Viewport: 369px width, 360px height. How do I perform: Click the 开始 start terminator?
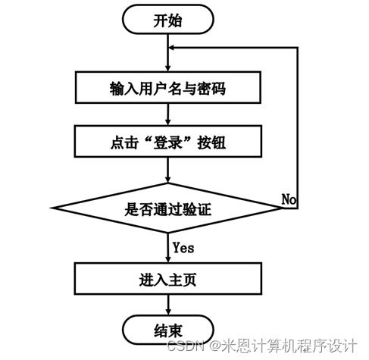click(x=168, y=20)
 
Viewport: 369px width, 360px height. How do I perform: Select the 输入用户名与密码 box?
click(x=168, y=87)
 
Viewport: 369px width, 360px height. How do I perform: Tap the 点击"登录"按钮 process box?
click(x=168, y=141)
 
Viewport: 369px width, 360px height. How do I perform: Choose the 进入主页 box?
click(x=168, y=279)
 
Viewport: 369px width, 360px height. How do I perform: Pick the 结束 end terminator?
click(x=168, y=330)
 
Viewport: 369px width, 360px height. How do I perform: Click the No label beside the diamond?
click(x=289, y=199)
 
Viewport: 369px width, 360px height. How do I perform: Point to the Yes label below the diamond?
click(x=183, y=248)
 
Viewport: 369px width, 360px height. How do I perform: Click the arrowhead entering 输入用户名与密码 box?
click(x=168, y=68)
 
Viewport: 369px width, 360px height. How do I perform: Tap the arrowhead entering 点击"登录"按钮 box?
click(x=168, y=122)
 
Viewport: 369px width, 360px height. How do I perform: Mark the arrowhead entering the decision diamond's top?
click(x=168, y=180)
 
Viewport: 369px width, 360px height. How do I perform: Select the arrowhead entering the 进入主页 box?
click(x=168, y=259)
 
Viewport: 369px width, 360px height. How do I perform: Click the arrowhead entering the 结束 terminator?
click(x=168, y=311)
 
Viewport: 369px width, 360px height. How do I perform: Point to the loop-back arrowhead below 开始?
click(x=171, y=48)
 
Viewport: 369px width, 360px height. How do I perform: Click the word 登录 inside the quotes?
click(x=167, y=142)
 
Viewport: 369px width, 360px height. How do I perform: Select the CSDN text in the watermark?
click(x=186, y=346)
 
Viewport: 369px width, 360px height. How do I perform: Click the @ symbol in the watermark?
click(x=215, y=346)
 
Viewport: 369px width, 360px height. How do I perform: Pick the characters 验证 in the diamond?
click(x=197, y=209)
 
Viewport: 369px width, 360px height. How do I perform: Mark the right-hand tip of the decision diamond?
click(x=283, y=208)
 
